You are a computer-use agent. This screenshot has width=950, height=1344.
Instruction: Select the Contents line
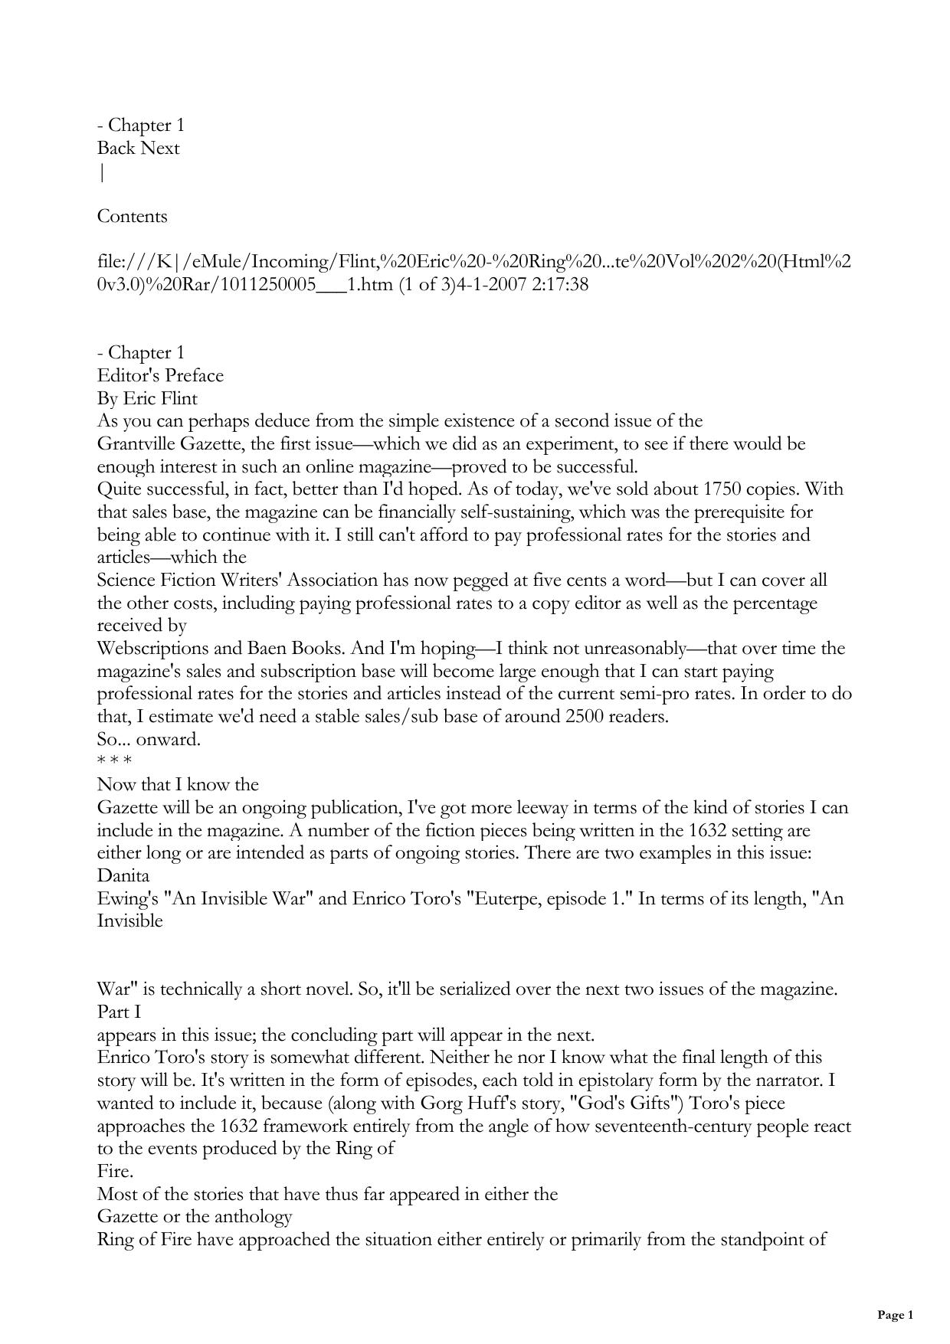[x=132, y=216]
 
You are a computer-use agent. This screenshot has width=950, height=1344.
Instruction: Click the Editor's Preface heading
[x=160, y=375]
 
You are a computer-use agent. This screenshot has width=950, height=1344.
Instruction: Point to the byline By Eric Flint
[x=147, y=398]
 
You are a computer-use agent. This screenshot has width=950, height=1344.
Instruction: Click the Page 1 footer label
[x=895, y=1315]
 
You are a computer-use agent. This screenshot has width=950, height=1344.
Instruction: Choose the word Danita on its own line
[x=123, y=875]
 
